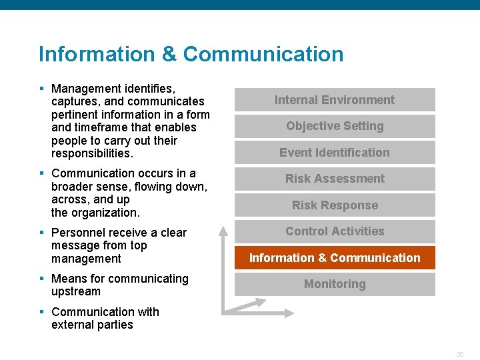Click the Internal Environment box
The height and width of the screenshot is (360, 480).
click(x=335, y=100)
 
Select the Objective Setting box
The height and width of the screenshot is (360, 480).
click(x=335, y=126)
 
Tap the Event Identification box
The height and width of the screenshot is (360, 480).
click(x=335, y=153)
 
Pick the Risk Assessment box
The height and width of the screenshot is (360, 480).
click(x=335, y=179)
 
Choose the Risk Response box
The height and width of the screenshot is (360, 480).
click(x=335, y=205)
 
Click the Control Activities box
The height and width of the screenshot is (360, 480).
click(x=335, y=231)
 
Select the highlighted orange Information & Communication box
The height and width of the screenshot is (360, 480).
click(x=335, y=258)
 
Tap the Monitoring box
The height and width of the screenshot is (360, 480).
click(x=335, y=284)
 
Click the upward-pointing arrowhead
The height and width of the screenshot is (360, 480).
click(x=224, y=230)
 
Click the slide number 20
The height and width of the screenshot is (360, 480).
click(x=459, y=354)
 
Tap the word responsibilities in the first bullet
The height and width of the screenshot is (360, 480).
click(x=91, y=153)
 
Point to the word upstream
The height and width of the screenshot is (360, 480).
click(x=76, y=291)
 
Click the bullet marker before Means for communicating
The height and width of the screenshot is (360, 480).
click(x=41, y=279)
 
